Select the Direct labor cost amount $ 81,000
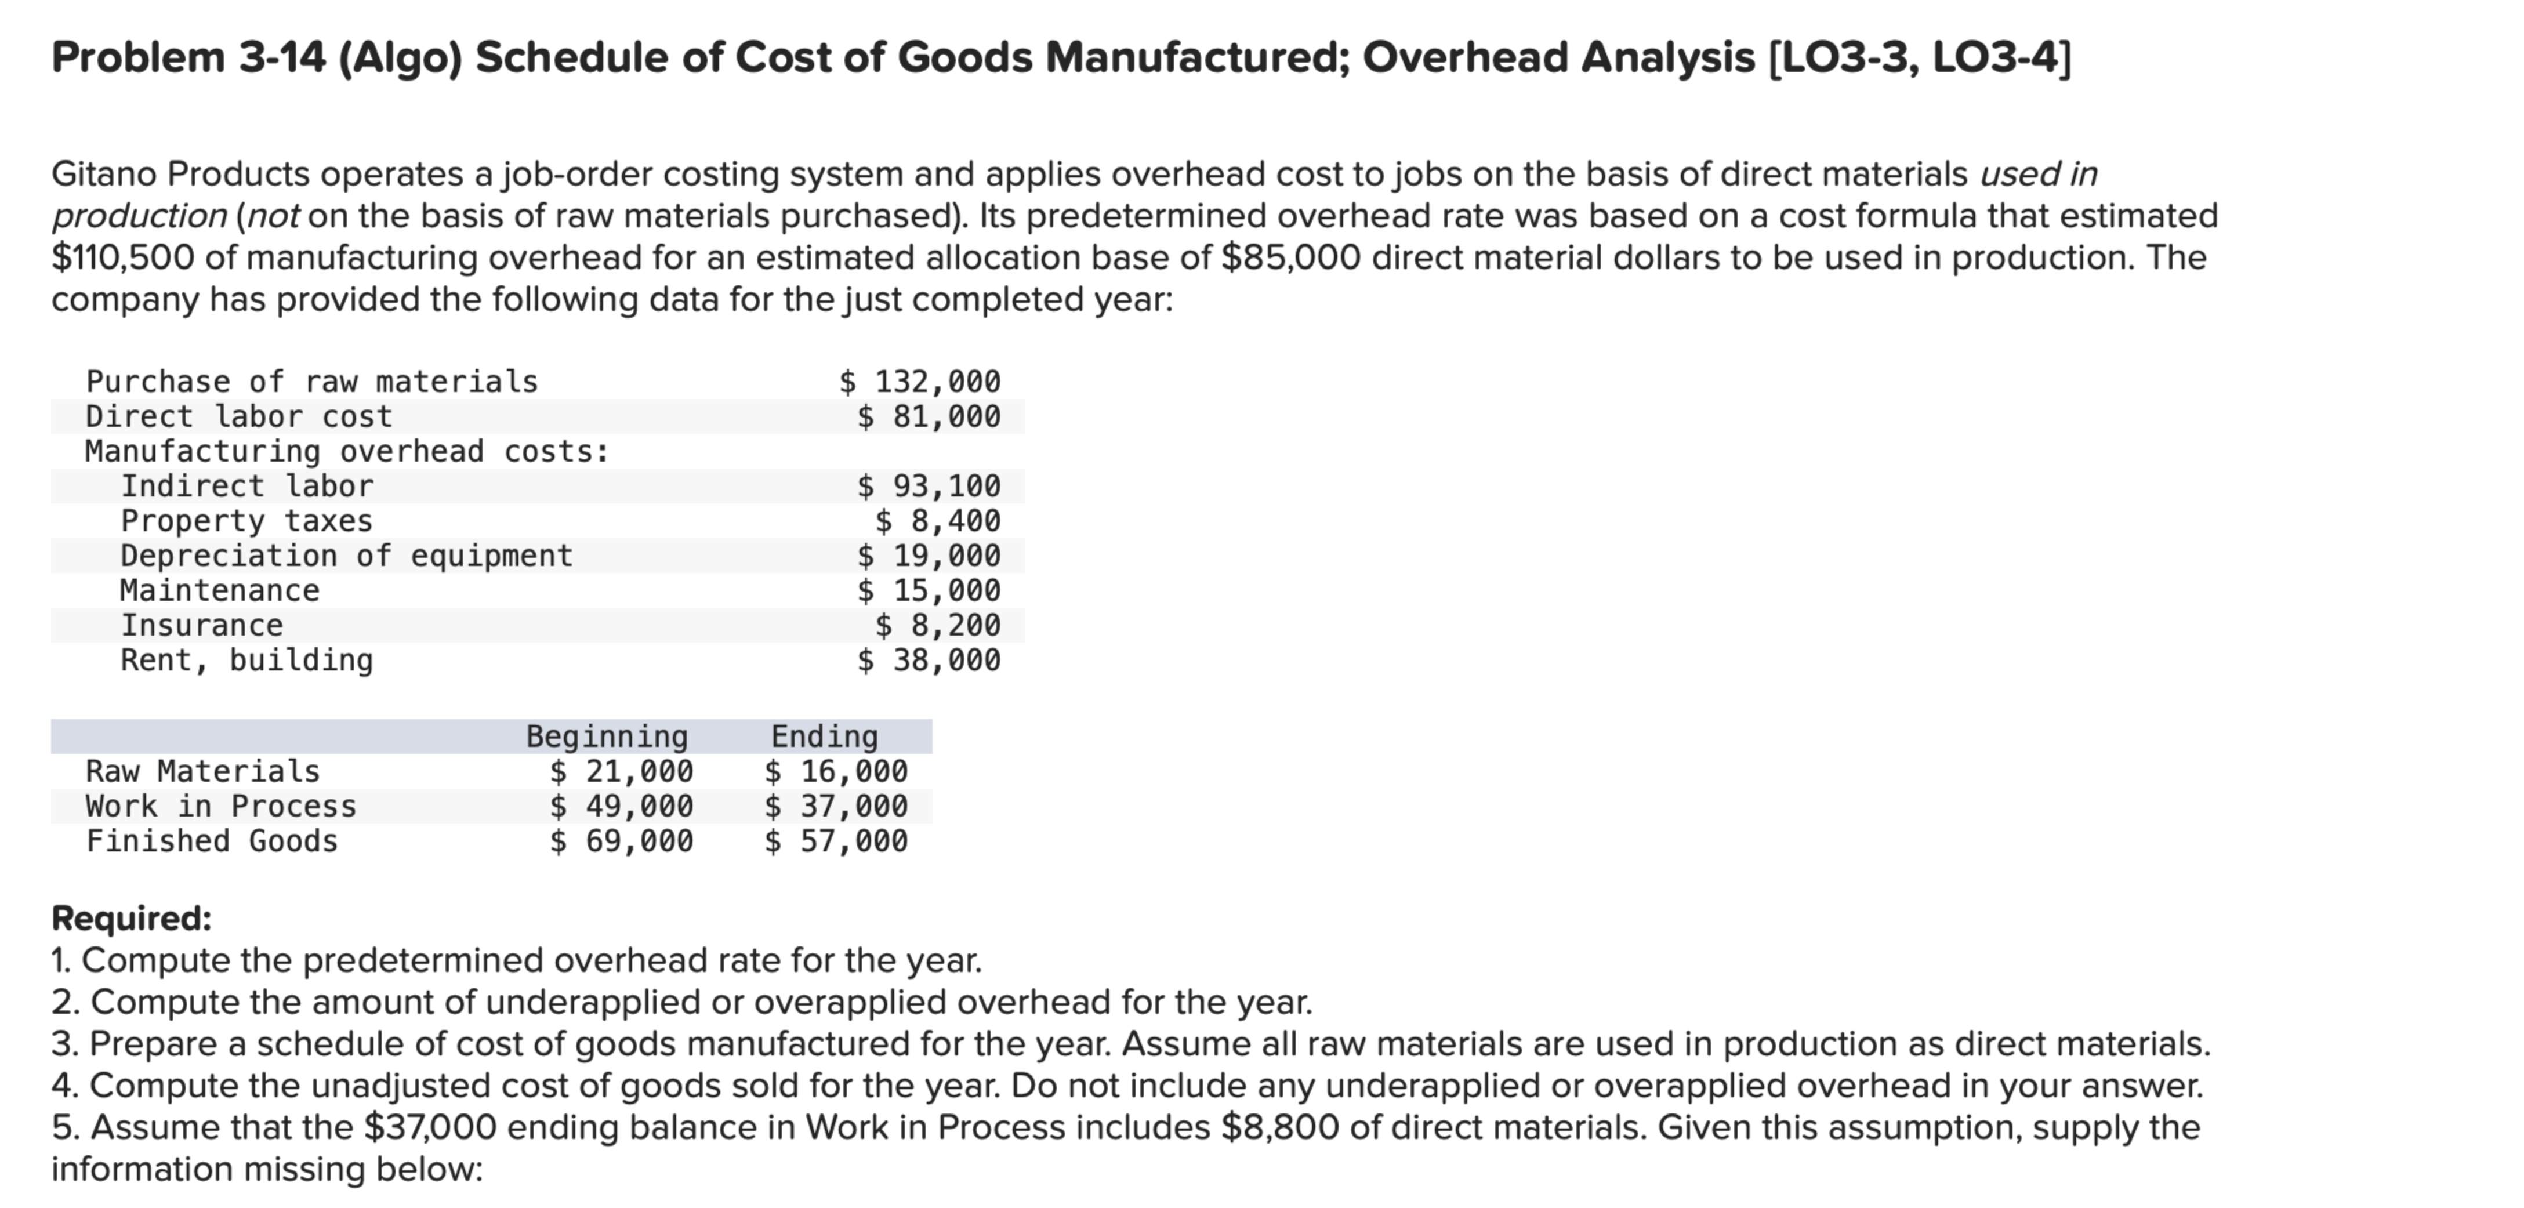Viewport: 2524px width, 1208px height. tap(929, 416)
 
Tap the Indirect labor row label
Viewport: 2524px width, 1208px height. tap(247, 486)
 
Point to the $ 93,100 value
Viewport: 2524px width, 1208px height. tap(929, 486)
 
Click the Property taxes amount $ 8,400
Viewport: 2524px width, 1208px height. tap(938, 520)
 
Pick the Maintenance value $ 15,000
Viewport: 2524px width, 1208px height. tap(929, 590)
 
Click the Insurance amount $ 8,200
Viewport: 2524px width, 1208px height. tap(938, 625)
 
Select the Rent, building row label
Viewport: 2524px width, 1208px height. tap(247, 661)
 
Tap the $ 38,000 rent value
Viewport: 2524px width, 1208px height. tap(929, 661)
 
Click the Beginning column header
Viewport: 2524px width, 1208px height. tap(607, 736)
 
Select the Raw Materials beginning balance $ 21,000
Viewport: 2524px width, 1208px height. tap(621, 772)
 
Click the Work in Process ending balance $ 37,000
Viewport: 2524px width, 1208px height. tap(836, 806)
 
